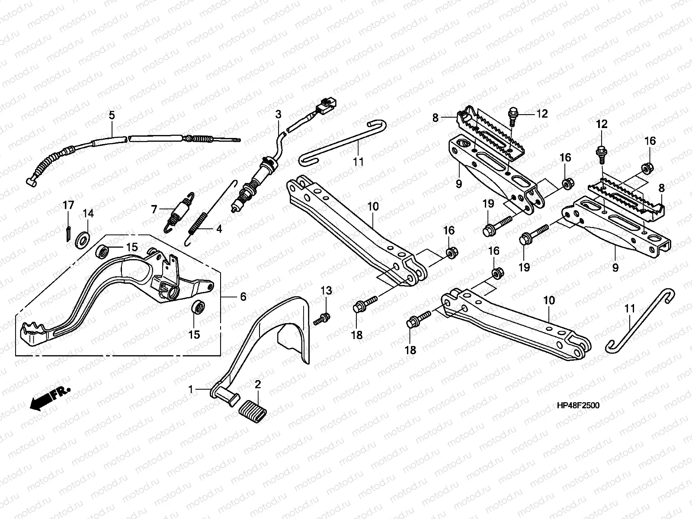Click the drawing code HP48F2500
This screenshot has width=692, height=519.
pyautogui.click(x=578, y=405)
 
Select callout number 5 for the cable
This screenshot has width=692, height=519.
pyautogui.click(x=112, y=115)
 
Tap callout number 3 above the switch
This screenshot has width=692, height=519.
pyautogui.click(x=278, y=114)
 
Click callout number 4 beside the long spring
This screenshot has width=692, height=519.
pyautogui.click(x=219, y=229)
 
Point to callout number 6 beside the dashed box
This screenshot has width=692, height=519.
pyautogui.click(x=243, y=297)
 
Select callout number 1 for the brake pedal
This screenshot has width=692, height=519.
pyautogui.click(x=190, y=390)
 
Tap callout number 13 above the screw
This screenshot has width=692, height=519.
pyautogui.click(x=326, y=291)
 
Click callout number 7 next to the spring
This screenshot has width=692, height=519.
pyautogui.click(x=154, y=209)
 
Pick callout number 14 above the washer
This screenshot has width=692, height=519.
pyautogui.click(x=88, y=213)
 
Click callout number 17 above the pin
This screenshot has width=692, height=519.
pyautogui.click(x=68, y=205)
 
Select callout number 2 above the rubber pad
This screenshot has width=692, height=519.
pyautogui.click(x=258, y=384)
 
